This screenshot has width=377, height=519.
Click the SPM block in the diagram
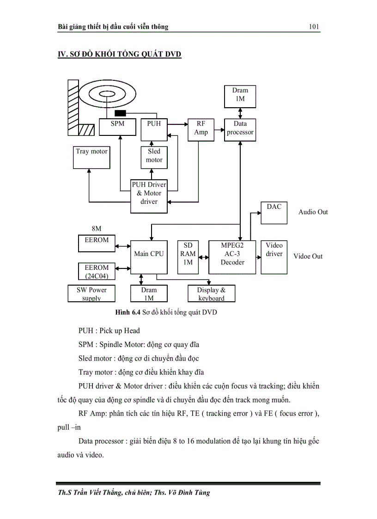point(118,127)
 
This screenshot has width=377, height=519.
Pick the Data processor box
point(240,128)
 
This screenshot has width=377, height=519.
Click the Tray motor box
point(92,157)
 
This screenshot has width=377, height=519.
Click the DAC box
point(274,213)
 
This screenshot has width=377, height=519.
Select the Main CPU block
point(148,256)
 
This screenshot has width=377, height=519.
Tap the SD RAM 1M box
point(188,256)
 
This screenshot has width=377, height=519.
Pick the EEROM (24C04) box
point(97,271)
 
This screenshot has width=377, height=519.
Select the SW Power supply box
point(91,293)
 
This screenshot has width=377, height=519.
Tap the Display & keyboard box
point(212,293)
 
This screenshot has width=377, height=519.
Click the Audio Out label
point(313,212)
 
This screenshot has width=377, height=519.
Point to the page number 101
point(314,27)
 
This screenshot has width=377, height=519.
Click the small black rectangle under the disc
point(120,113)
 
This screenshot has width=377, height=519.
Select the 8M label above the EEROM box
point(96,229)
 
